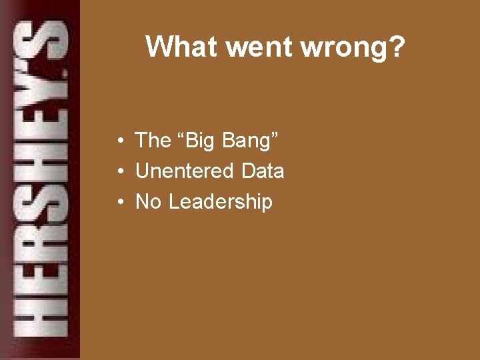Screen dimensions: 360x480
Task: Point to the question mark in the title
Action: click(x=395, y=47)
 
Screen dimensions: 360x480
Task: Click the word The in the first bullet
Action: click(x=153, y=140)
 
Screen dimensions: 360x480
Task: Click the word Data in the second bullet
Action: click(x=263, y=171)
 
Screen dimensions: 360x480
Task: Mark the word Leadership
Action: click(x=221, y=202)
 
